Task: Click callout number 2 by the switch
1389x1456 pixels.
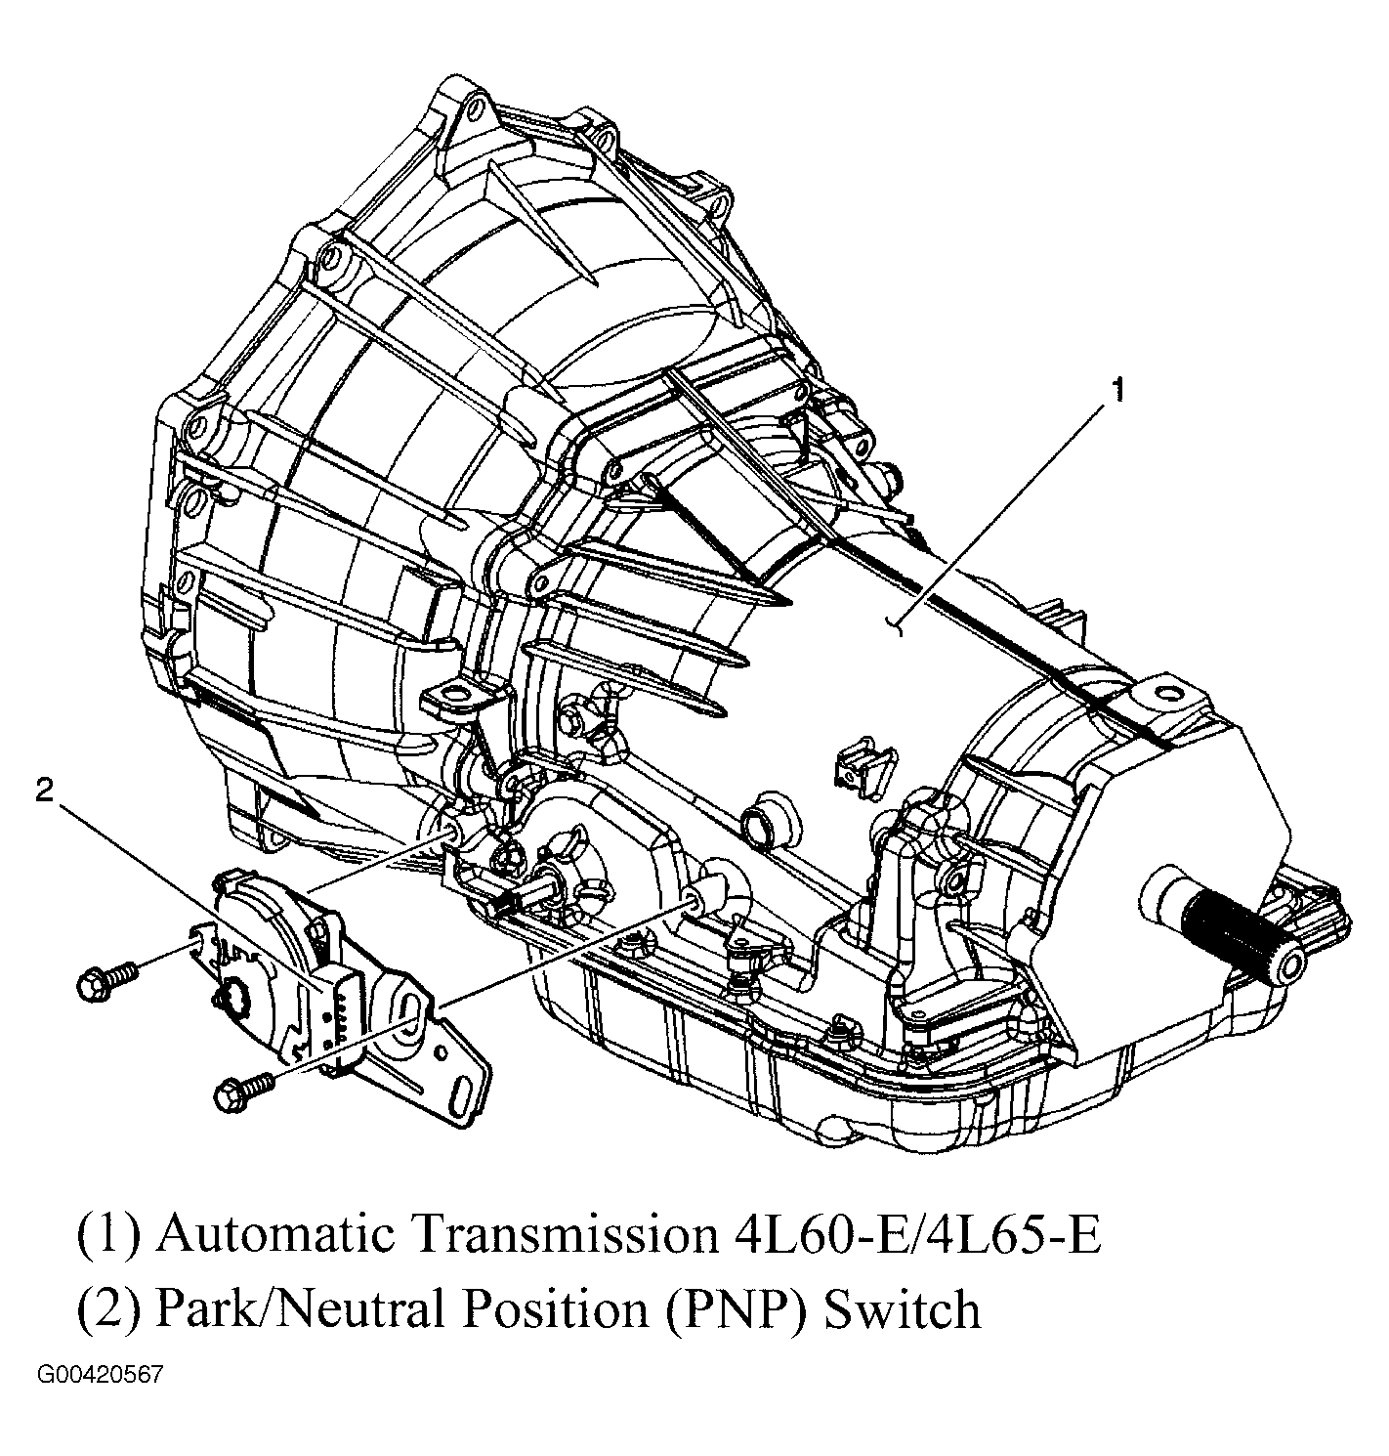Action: click(45, 791)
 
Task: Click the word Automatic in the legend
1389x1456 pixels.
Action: click(274, 1235)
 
